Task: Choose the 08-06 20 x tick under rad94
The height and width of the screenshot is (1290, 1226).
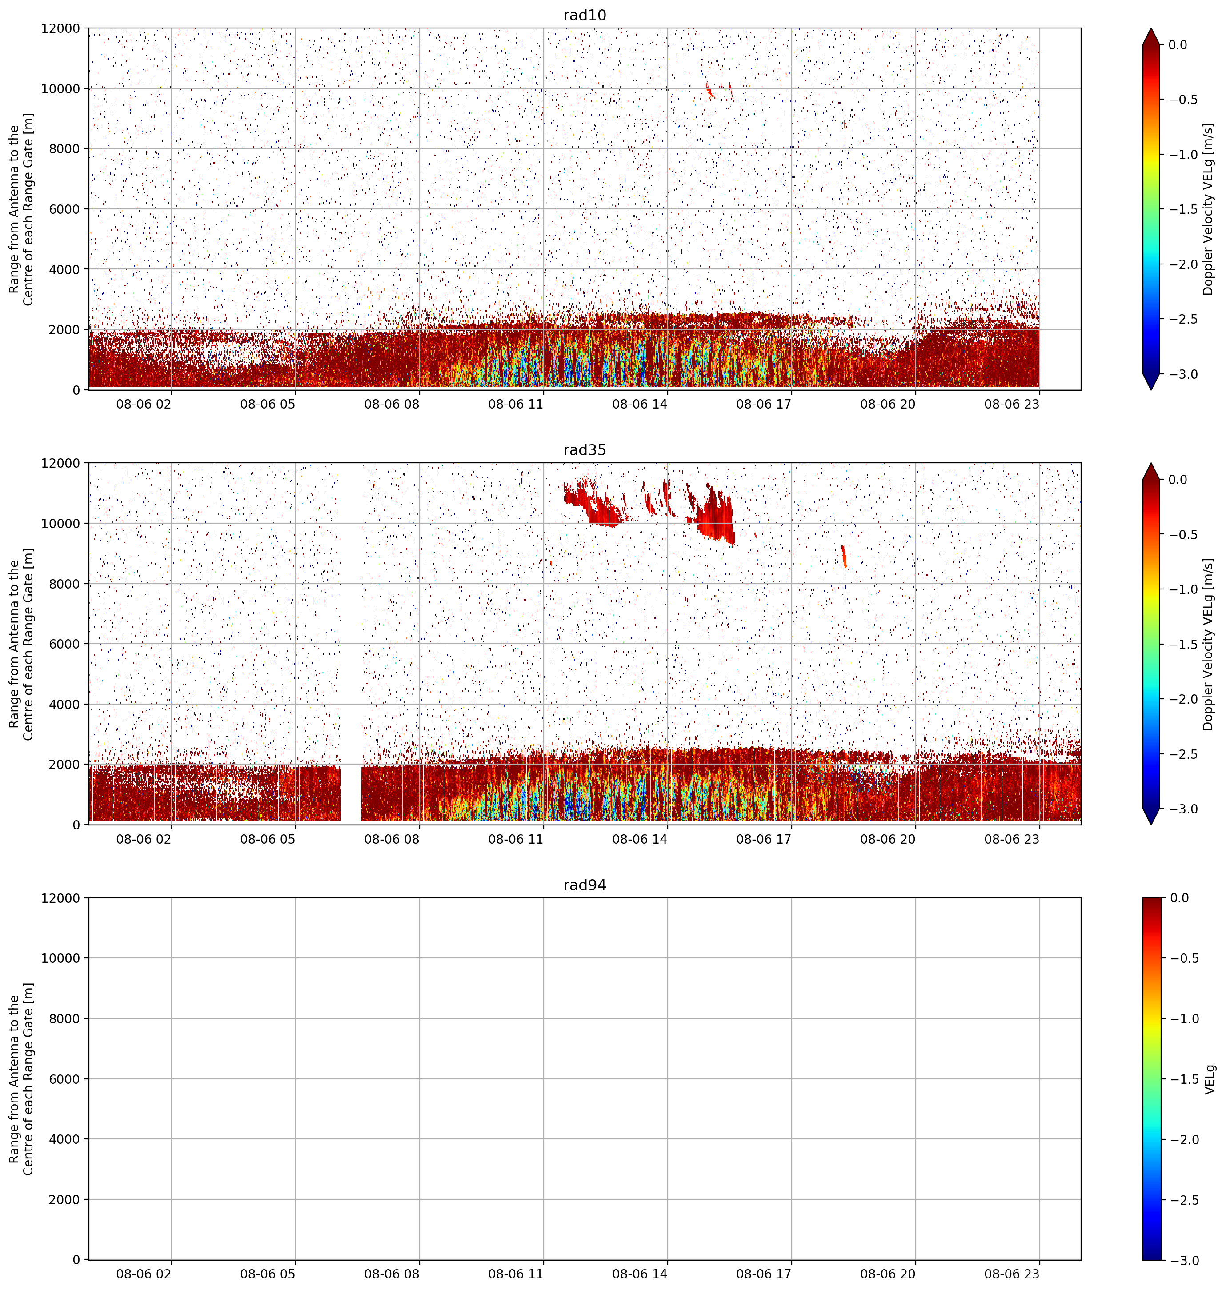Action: click(887, 1274)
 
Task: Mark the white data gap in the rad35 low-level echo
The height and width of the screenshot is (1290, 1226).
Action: click(351, 793)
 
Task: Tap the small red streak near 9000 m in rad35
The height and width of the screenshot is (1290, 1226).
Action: click(844, 556)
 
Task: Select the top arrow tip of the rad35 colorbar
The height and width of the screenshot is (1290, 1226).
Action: click(1151, 463)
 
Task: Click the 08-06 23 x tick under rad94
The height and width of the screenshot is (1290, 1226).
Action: click(1012, 1274)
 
